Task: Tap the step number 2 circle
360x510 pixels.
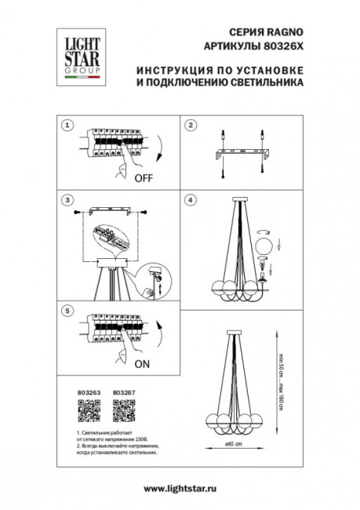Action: pyautogui.click(x=189, y=125)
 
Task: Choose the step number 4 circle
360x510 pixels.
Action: pyautogui.click(x=189, y=200)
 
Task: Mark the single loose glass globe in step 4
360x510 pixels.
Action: pyautogui.click(x=266, y=246)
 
